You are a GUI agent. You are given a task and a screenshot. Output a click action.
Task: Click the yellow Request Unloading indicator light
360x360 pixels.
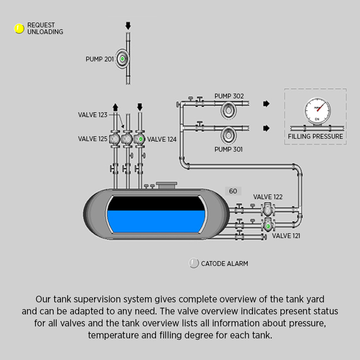(x=19, y=29)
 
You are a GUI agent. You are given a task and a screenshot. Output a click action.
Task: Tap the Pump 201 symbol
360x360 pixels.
(x=122, y=59)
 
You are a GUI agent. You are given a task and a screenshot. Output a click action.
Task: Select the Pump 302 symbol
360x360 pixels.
(x=228, y=110)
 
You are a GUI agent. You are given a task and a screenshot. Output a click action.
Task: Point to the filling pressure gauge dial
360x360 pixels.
(x=317, y=110)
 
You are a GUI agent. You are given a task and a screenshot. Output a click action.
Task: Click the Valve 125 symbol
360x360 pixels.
(x=115, y=139)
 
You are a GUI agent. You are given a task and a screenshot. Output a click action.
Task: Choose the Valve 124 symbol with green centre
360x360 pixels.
(x=140, y=139)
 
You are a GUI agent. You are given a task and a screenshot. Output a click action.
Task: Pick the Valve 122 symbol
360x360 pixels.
(x=267, y=210)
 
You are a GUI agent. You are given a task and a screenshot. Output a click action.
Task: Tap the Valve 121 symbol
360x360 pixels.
(x=267, y=225)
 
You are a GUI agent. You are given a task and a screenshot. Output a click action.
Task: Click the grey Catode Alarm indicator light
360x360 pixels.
(x=194, y=263)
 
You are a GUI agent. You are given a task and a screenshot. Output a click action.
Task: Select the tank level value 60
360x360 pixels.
(x=233, y=191)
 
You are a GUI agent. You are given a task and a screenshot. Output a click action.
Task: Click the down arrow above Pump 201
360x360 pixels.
(x=128, y=25)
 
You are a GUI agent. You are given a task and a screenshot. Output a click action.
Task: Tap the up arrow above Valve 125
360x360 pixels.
(x=115, y=107)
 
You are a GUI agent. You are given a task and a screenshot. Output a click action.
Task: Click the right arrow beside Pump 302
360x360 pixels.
(x=266, y=104)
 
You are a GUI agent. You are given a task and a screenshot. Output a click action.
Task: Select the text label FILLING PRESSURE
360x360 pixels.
(x=315, y=136)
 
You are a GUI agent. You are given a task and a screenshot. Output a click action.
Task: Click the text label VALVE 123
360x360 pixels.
(x=93, y=115)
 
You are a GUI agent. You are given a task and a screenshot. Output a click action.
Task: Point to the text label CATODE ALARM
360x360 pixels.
(x=225, y=264)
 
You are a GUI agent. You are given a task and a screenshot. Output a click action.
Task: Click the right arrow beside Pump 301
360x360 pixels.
(x=266, y=128)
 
